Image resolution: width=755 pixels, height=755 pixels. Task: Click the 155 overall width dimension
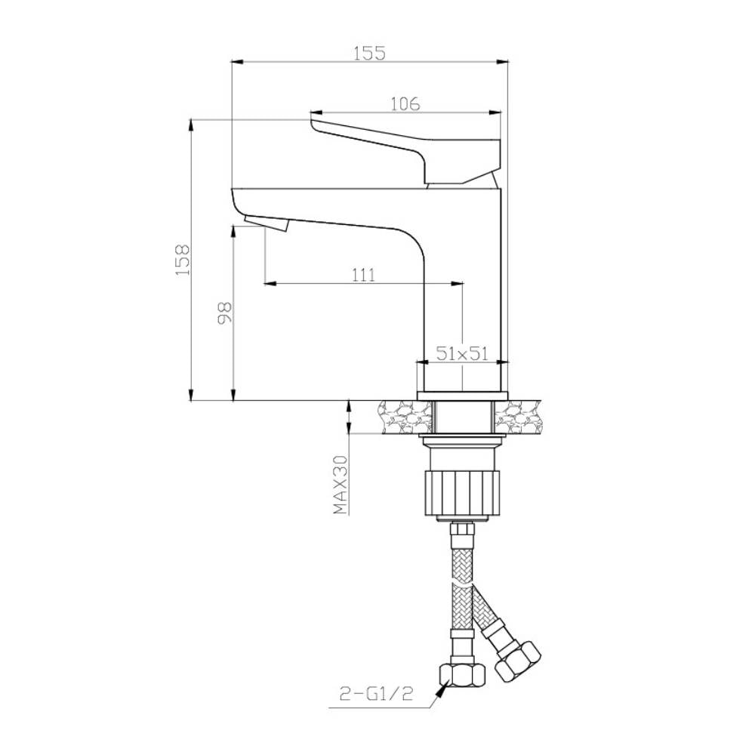point(370,53)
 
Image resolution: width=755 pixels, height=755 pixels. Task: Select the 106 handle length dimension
point(405,103)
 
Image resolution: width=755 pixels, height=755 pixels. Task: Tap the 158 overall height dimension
point(183,260)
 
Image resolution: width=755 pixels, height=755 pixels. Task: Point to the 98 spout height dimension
point(225,314)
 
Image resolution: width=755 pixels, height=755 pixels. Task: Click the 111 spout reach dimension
point(364,275)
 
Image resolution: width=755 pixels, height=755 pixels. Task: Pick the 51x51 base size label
point(462,354)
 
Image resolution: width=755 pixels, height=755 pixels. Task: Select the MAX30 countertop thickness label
point(341,485)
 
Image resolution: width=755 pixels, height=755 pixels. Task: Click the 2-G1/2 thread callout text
point(376,693)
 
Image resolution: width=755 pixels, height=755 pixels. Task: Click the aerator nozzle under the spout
point(267,223)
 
